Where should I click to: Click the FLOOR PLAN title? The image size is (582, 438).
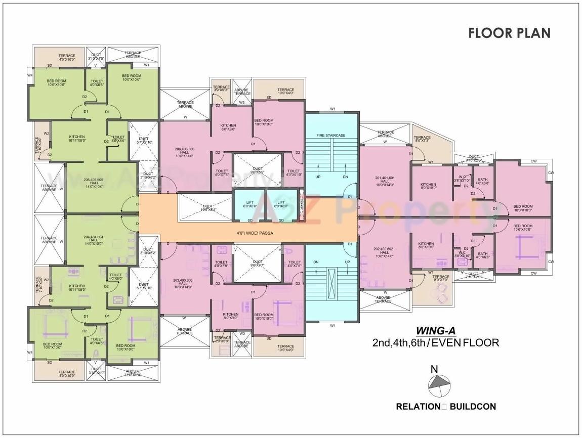pyautogui.click(x=509, y=33)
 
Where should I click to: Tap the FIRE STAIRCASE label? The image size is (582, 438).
pyautogui.click(x=331, y=136)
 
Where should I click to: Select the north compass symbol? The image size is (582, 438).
pyautogui.click(x=438, y=384)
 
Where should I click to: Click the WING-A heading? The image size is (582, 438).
pyautogui.click(x=435, y=331)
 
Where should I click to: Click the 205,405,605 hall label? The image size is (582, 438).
pyautogui.click(x=94, y=183)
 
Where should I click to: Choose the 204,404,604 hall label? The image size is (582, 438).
pyautogui.click(x=94, y=240)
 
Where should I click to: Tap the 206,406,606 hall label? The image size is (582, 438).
pyautogui.click(x=184, y=152)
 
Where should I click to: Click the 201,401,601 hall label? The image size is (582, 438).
pyautogui.click(x=385, y=181)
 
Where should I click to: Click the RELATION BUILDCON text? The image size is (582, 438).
pyautogui.click(x=446, y=406)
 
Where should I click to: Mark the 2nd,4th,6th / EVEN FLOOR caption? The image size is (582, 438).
pyautogui.click(x=435, y=343)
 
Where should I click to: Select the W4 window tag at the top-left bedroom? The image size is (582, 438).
pyautogui.click(x=30, y=76)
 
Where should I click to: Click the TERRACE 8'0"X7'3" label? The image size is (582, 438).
pyautogui.click(x=422, y=140)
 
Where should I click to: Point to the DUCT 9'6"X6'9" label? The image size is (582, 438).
pyautogui.click(x=257, y=170)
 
